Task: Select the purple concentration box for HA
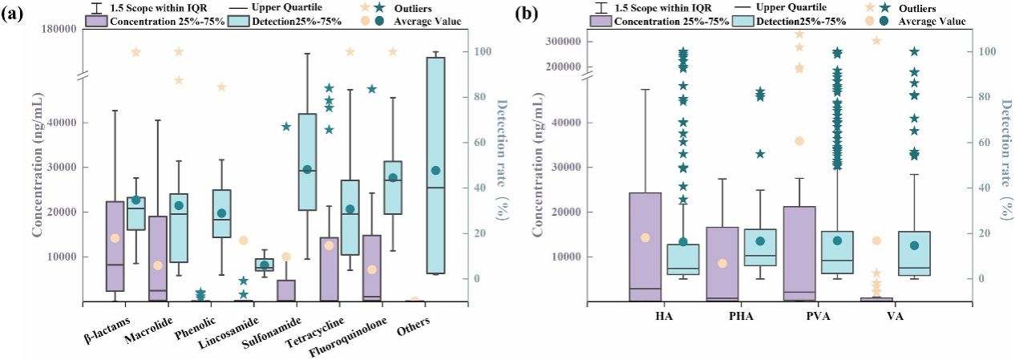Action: coord(645,247)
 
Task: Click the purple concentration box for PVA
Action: coord(798,253)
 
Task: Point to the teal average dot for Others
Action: coord(435,170)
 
